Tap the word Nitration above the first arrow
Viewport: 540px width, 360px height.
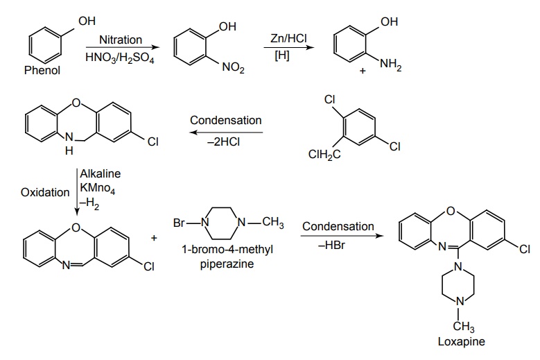[x=121, y=40]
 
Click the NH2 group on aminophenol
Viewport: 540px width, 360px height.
[x=389, y=65]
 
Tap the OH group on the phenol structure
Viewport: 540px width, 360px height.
[x=87, y=22]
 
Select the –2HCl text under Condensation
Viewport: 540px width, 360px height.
[x=226, y=139]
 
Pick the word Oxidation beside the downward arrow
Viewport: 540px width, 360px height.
[x=45, y=192]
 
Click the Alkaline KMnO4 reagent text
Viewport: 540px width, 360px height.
[x=98, y=182]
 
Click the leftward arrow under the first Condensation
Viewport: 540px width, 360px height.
[x=226, y=131]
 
